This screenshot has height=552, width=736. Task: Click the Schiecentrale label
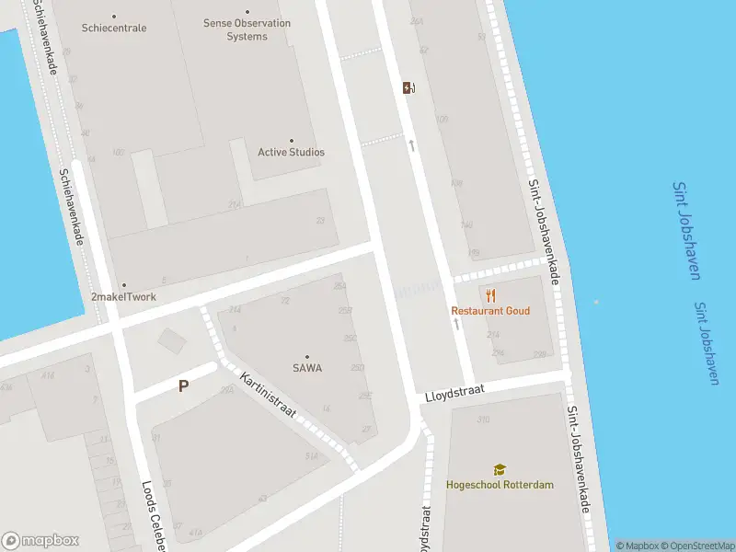pyautogui.click(x=114, y=28)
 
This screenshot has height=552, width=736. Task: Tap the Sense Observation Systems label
pyautogui.click(x=247, y=29)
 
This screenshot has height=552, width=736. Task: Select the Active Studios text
pyautogui.click(x=291, y=152)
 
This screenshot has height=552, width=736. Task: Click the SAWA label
pyautogui.click(x=307, y=368)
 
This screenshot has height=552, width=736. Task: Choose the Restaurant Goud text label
pyautogui.click(x=490, y=311)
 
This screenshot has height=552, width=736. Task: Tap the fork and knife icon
pyautogui.click(x=491, y=295)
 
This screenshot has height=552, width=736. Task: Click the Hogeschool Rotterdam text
pyautogui.click(x=500, y=484)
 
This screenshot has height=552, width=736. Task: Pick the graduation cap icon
pyautogui.click(x=500, y=469)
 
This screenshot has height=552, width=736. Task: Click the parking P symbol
pyautogui.click(x=183, y=386)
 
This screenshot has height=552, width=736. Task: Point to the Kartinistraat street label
pyautogui.click(x=267, y=393)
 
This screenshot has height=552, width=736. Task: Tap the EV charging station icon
pyautogui.click(x=408, y=88)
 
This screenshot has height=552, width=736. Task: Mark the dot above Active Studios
pyautogui.click(x=292, y=141)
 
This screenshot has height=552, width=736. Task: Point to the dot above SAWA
pyautogui.click(x=307, y=357)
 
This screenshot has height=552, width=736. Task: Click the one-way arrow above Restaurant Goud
pyautogui.click(x=456, y=324)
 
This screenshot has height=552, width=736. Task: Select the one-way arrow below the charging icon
pyautogui.click(x=412, y=144)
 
